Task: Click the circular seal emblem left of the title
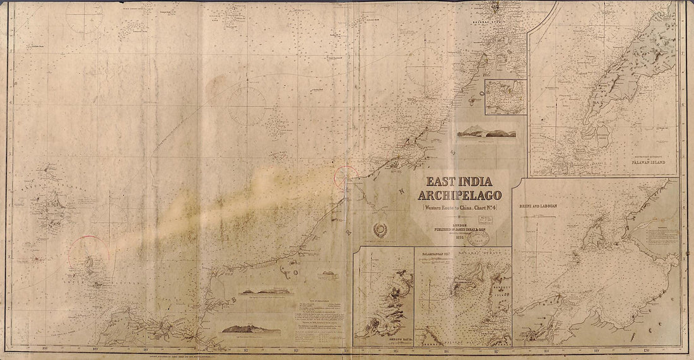[x=382, y=230]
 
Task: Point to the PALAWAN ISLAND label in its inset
[x=649, y=168]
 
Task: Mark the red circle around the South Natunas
[x=89, y=257]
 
